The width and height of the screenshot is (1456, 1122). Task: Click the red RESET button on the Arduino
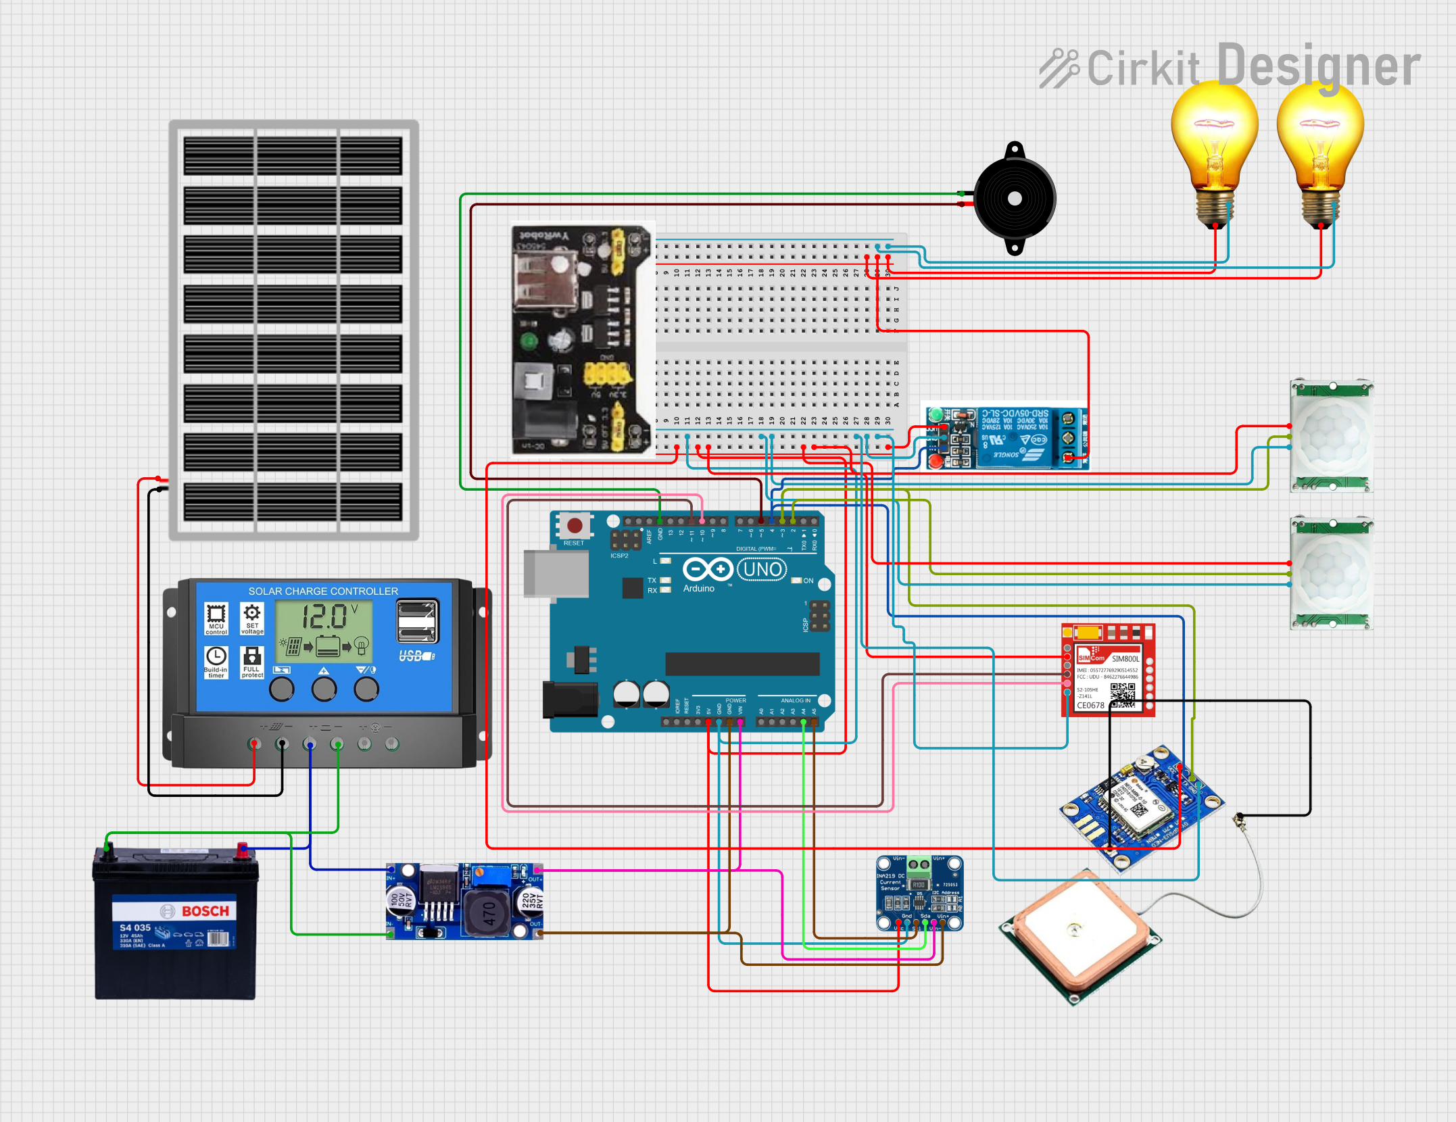click(x=575, y=525)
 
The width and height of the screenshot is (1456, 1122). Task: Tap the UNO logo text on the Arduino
click(x=762, y=570)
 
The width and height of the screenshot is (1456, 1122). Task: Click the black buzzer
click(x=1014, y=199)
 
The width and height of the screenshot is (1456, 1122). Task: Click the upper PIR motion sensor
click(x=1331, y=435)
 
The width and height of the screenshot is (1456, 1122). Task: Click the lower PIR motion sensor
click(x=1331, y=573)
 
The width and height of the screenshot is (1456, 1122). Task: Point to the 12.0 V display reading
click(x=324, y=617)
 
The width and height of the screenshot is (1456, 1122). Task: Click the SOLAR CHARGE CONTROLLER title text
click(x=323, y=591)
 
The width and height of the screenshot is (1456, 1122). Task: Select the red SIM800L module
click(x=1108, y=670)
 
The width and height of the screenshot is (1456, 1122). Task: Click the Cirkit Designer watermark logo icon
click(x=1059, y=68)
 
